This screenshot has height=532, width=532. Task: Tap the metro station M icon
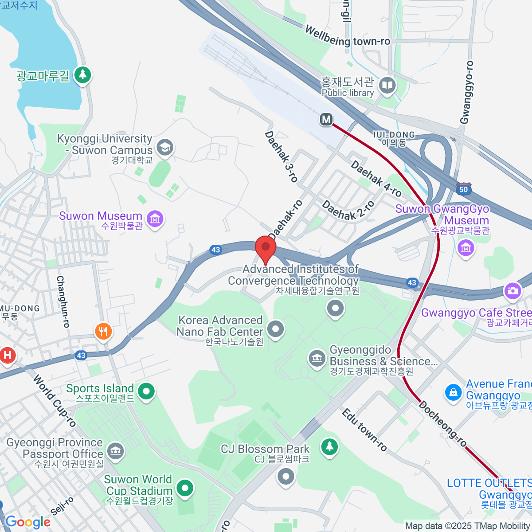(326, 119)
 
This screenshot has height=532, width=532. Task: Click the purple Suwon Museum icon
(155, 219)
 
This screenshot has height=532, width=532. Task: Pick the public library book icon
(387, 85)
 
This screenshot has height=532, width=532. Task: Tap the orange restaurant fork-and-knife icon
(103, 331)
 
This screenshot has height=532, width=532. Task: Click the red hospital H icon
(7, 355)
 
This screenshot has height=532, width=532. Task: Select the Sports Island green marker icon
(146, 391)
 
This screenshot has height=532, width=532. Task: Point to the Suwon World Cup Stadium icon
(185, 488)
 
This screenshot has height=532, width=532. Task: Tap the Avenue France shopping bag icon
(453, 392)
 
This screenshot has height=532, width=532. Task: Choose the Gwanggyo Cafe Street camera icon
(512, 291)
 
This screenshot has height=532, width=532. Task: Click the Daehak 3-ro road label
(281, 156)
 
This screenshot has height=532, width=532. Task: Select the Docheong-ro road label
(443, 423)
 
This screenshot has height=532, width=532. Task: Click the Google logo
(28, 522)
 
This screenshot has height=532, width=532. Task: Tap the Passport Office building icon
(116, 451)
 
